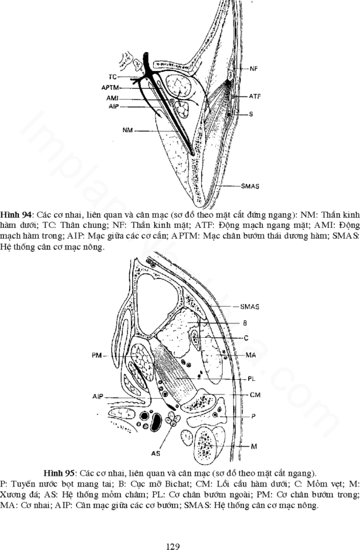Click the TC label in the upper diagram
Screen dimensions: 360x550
[112, 77]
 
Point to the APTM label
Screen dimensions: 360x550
[110, 88]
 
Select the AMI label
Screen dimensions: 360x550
[112, 98]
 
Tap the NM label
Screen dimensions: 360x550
[128, 130]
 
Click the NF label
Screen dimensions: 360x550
[254, 69]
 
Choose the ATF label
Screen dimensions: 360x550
[255, 96]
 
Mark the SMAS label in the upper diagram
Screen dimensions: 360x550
[250, 186]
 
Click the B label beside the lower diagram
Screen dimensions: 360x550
[245, 323]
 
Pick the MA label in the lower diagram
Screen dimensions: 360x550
[251, 355]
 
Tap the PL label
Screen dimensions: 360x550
[251, 379]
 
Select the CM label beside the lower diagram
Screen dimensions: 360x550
[255, 395]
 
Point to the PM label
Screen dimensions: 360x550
[97, 356]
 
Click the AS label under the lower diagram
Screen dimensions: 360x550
[156, 453]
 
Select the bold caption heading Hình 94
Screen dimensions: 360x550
[16, 214]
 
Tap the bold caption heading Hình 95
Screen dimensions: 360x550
[59, 473]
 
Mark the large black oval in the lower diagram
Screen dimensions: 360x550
[156, 422]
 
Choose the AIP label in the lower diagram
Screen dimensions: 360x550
[98, 396]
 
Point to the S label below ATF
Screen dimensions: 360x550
[251, 114]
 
